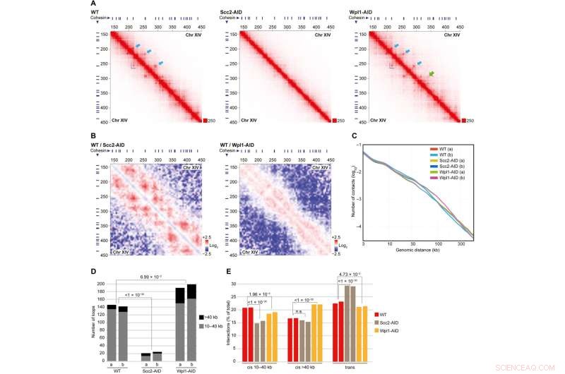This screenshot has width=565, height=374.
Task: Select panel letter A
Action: point(93,4)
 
